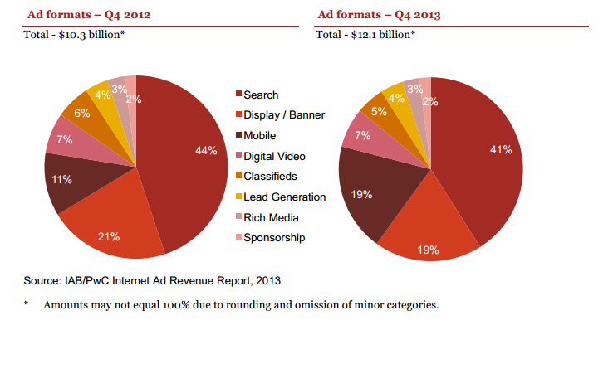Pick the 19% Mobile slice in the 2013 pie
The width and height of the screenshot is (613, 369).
tap(370, 200)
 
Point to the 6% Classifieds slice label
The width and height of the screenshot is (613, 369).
tap(82, 114)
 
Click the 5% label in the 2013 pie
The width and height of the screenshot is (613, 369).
tap(378, 111)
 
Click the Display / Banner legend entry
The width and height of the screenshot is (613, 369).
tap(283, 115)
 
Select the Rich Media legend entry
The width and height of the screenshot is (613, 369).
tap(271, 217)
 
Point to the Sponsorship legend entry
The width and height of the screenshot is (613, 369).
tap(274, 238)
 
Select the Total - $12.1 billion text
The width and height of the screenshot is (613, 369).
tap(365, 35)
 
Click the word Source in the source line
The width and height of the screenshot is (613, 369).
tap(40, 279)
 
